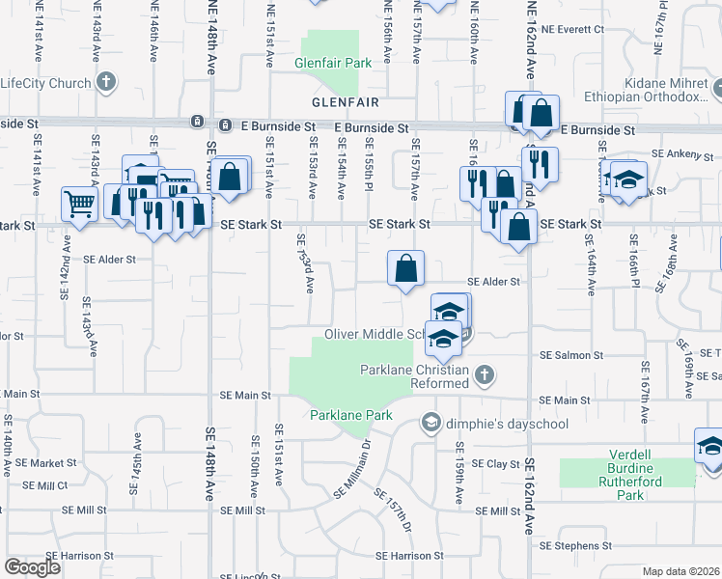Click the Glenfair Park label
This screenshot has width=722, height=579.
(333, 64)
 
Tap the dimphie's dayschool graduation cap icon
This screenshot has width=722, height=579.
(430, 422)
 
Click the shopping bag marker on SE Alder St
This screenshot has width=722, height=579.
(406, 267)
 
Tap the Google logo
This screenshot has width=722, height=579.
(32, 567)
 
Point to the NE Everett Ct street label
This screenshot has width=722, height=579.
(572, 30)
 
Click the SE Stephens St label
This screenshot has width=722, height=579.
(570, 545)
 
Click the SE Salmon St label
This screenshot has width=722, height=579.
(570, 356)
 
